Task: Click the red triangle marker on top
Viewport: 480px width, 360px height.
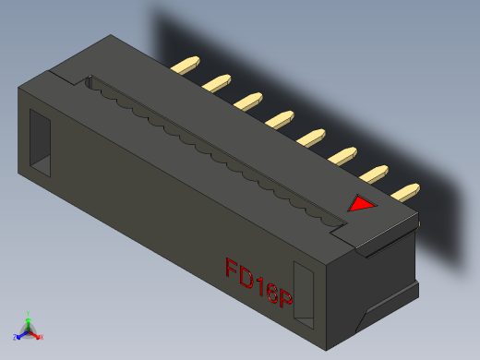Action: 361,204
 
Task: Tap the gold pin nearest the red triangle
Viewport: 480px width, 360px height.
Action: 407,192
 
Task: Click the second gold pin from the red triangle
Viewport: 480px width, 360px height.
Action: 376,173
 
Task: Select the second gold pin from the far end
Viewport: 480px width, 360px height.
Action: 217,83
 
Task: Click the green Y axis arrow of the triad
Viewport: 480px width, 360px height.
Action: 29,319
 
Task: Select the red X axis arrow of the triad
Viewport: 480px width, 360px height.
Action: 36,334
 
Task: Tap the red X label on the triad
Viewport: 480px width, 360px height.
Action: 42,337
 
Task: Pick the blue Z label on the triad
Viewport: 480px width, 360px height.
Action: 16,336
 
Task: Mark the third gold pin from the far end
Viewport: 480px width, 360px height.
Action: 248,100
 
